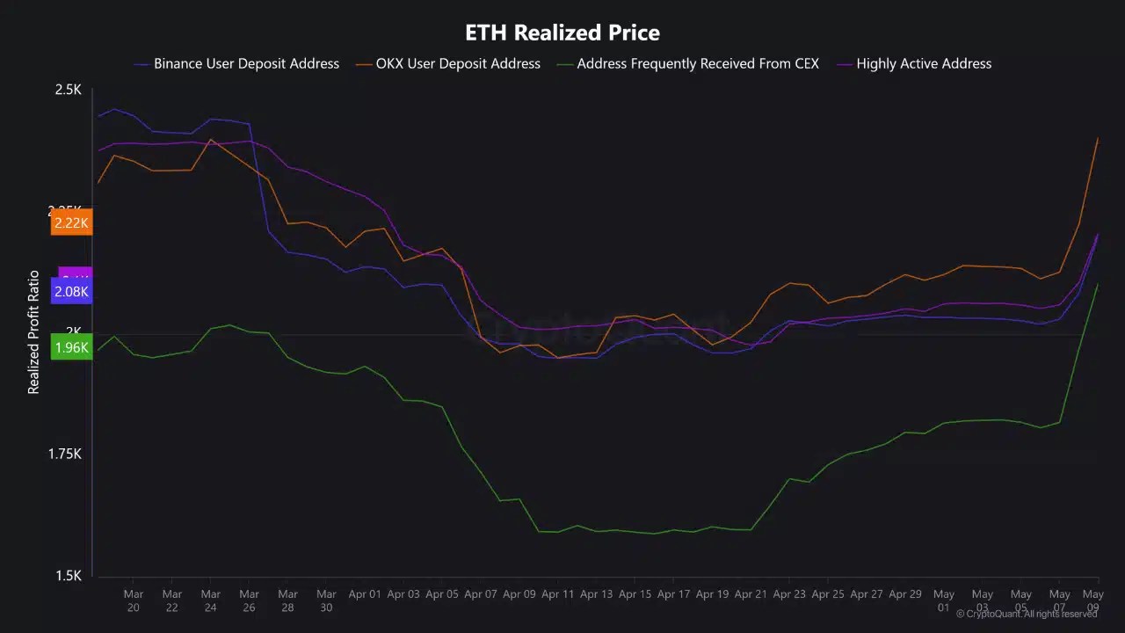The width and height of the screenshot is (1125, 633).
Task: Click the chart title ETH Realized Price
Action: point(562,33)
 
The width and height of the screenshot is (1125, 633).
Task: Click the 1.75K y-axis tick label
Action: point(64,454)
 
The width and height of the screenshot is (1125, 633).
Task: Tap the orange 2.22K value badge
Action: point(71,223)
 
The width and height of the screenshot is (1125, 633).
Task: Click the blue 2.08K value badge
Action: point(71,292)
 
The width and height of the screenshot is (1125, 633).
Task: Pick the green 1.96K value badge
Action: point(71,348)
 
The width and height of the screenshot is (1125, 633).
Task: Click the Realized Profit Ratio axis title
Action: point(33,332)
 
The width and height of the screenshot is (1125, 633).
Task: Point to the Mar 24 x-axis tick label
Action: point(211,600)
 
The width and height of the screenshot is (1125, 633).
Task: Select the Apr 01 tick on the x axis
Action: point(365,594)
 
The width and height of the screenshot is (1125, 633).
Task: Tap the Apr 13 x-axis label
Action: point(596,594)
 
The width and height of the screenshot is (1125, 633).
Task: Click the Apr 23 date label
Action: point(789,594)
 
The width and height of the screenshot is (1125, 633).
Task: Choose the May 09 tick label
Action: point(1092,600)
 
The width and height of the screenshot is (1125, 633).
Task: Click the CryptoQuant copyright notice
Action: point(1027,614)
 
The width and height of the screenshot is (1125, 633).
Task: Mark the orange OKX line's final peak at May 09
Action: point(1098,139)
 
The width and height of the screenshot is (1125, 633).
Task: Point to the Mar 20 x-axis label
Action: point(134,600)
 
